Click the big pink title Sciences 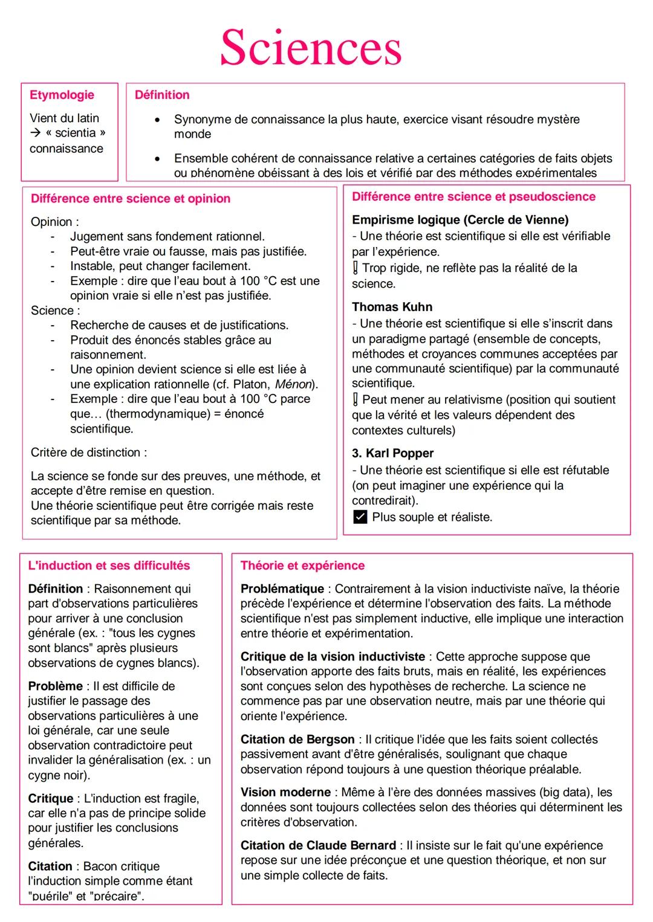pos(311,47)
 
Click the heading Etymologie pos(62,95)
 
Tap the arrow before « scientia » pos(35,133)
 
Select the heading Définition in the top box pos(161,95)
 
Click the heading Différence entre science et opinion pos(131,199)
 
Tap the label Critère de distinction pos(88,453)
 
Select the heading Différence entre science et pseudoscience pos(473,197)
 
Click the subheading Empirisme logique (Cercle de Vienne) pos(460,220)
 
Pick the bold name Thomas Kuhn pos(392,307)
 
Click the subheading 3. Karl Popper pos(392,453)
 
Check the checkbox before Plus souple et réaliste pos(360,517)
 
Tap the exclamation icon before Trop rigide pos(356,268)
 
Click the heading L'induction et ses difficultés pos(109,566)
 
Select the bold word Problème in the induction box pos(55,686)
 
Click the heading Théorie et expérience pos(302,566)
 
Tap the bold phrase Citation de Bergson pos(297,740)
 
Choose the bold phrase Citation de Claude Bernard pos(318,845)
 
